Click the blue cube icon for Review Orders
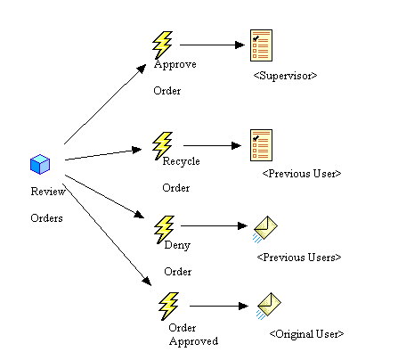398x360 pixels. click(40, 165)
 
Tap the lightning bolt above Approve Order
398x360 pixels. click(162, 45)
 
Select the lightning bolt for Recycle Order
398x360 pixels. click(162, 144)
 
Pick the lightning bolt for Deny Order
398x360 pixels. click(165, 227)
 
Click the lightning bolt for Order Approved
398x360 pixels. click(168, 307)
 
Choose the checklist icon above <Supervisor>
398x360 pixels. click(261, 45)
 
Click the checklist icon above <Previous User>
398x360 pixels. click(261, 144)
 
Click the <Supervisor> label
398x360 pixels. click(284, 76)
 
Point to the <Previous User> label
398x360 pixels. click(302, 173)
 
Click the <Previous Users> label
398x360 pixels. click(299, 257)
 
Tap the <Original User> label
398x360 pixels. click(305, 333)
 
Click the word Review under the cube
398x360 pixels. click(46, 191)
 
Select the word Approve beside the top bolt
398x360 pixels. click(175, 65)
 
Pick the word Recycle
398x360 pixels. click(181, 161)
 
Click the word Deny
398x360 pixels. click(178, 245)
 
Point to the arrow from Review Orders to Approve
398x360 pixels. click(104, 104)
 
